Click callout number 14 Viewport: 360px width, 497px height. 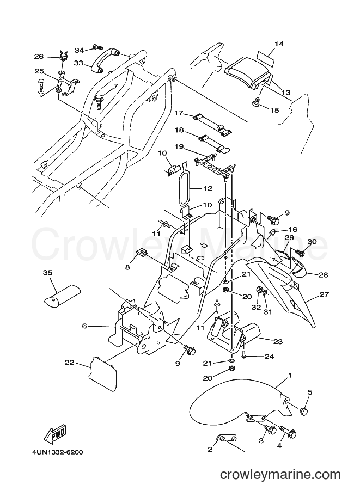coord(279,44)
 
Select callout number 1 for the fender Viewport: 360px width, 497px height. coord(290,376)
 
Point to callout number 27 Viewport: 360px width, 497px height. coord(324,294)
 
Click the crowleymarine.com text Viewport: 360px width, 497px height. coord(280,475)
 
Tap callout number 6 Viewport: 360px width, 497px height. coord(84,326)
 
